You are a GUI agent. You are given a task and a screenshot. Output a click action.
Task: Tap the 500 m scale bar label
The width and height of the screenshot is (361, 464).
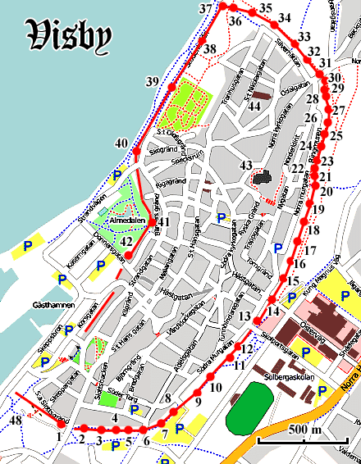(304, 430)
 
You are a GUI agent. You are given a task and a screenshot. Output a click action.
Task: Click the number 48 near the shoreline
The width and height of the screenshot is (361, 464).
(15, 421)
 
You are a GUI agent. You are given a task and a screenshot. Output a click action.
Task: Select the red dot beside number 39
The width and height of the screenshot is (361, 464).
(171, 87)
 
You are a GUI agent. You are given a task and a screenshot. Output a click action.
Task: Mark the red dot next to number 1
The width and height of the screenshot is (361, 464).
(62, 425)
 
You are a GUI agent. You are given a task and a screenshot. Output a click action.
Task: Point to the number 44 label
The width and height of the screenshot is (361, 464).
(255, 107)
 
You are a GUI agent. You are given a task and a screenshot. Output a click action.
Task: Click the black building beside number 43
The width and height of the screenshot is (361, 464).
(263, 177)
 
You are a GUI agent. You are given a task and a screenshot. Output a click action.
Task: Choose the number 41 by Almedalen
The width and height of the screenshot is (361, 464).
(164, 222)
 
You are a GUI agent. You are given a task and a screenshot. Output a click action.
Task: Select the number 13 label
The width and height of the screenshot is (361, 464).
(244, 316)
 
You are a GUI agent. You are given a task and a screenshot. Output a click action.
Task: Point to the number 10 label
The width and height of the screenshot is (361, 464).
(216, 386)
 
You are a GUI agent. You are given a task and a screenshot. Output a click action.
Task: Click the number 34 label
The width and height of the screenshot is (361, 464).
(284, 18)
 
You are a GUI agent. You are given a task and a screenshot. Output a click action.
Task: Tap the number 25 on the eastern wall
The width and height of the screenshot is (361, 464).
(336, 134)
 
